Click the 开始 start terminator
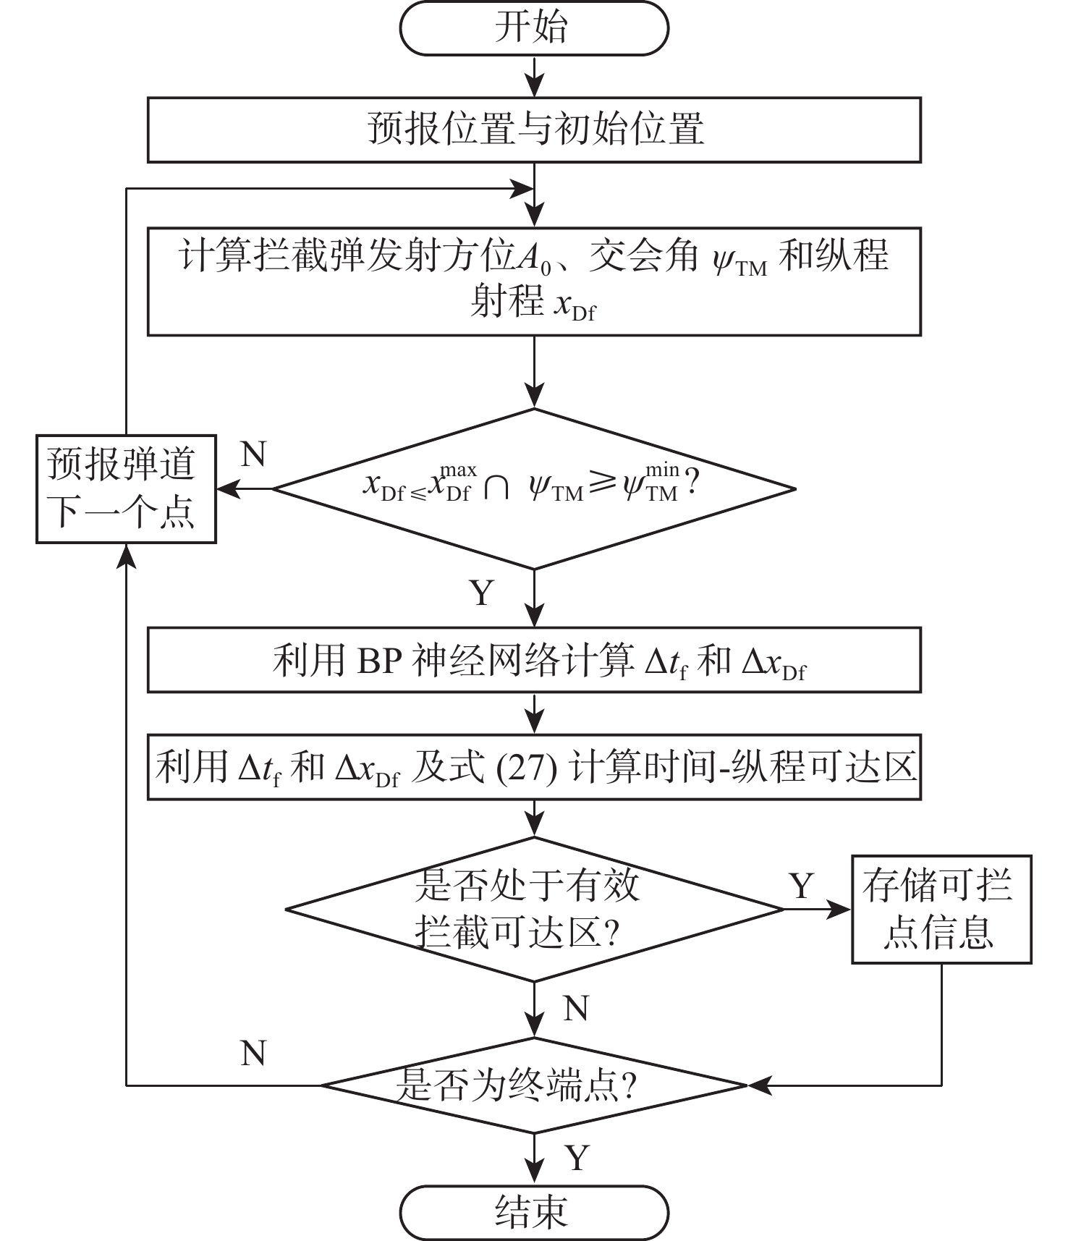point(533,28)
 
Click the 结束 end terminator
point(533,1211)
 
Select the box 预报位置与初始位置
point(534,130)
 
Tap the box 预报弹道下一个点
point(126,488)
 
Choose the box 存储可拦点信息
point(941,909)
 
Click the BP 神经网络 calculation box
point(534,660)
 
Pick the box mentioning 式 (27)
point(534,767)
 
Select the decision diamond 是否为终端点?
point(534,1085)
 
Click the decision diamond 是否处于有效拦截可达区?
point(534,909)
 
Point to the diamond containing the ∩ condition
point(534,488)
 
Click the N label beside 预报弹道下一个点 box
point(253,455)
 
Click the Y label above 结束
point(577,1158)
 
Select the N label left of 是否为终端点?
point(253,1054)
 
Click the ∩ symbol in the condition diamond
point(496,488)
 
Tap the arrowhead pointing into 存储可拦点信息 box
point(839,909)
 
